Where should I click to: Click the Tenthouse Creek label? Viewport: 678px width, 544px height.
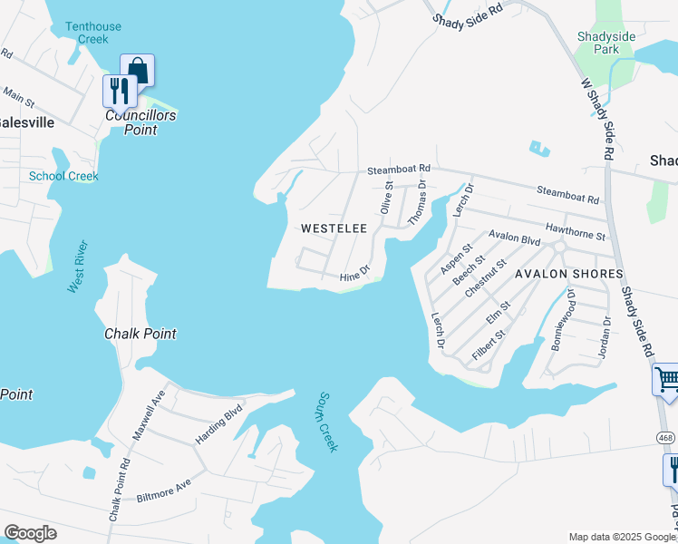pos(93,33)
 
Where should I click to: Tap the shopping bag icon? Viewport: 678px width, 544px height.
pos(138,70)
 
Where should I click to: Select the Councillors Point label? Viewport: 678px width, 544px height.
pos(140,122)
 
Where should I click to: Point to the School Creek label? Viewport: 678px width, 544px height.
pos(63,176)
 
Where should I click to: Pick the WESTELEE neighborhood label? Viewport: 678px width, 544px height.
pos(334,228)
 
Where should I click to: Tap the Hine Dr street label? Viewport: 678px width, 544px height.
pos(354,273)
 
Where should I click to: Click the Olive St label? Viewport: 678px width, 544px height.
pos(387,197)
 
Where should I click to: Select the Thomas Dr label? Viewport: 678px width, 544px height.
pos(417,201)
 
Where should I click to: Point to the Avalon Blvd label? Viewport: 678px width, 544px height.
pos(514,238)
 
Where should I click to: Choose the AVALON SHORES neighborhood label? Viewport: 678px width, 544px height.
pos(568,273)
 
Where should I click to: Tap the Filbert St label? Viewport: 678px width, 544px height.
pos(489,346)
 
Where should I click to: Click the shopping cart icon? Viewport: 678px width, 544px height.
pos(667,379)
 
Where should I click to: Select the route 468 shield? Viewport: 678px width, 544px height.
pos(665,437)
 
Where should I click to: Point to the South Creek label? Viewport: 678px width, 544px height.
pos(326,422)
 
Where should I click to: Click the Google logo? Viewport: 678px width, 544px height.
pos(30,533)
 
